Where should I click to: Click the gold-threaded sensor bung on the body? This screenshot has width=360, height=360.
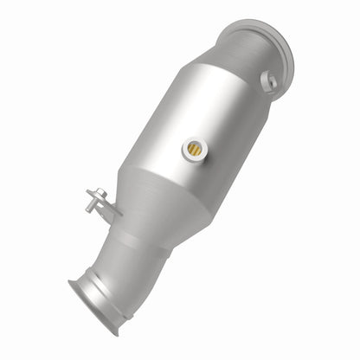(194, 149)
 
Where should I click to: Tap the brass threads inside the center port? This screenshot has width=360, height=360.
(195, 150)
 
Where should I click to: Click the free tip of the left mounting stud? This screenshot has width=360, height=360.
(88, 190)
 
